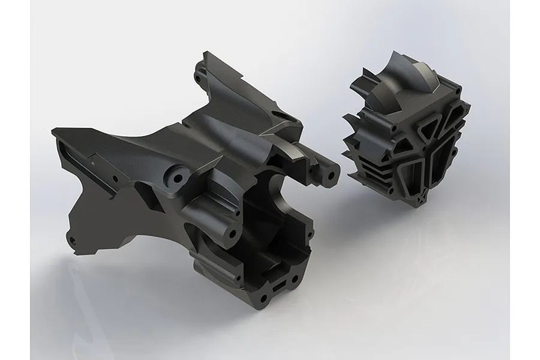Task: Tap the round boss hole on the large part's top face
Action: pos(177,179)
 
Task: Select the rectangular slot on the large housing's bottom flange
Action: pos(281,287)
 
